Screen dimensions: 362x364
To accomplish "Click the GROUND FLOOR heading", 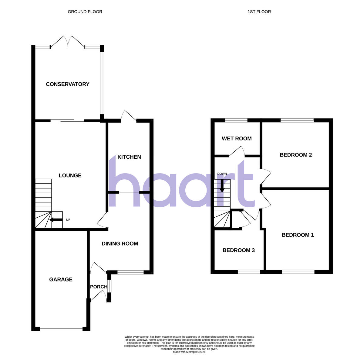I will tap(85, 12).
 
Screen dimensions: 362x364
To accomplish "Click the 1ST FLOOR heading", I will tap(259, 12).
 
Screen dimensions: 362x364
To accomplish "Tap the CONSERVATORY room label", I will tap(67, 84).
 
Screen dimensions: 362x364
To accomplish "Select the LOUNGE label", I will tap(70, 175).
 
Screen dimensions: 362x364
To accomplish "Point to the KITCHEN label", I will tap(129, 157).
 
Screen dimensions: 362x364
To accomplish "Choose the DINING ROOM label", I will tap(120, 243).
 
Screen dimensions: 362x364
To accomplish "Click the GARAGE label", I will tap(61, 279).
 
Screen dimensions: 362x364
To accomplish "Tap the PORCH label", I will tap(99, 287).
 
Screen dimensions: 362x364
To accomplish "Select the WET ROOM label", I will tap(237, 139).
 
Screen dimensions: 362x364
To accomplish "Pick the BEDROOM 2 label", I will tap(296, 155).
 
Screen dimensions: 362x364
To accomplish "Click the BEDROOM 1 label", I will tap(298, 235).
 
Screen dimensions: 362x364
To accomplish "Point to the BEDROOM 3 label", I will tap(238, 250).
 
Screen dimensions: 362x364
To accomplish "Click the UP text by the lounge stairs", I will tap(68, 220).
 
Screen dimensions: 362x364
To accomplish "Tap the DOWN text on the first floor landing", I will tap(222, 174).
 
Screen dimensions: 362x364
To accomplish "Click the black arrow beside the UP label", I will tap(56, 220).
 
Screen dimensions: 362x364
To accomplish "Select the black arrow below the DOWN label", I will tap(222, 185).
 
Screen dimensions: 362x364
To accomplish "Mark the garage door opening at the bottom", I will tap(61, 329).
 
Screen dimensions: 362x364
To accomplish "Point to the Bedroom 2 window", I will tap(297, 120).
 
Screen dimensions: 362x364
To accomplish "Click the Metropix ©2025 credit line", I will tap(189, 352).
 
